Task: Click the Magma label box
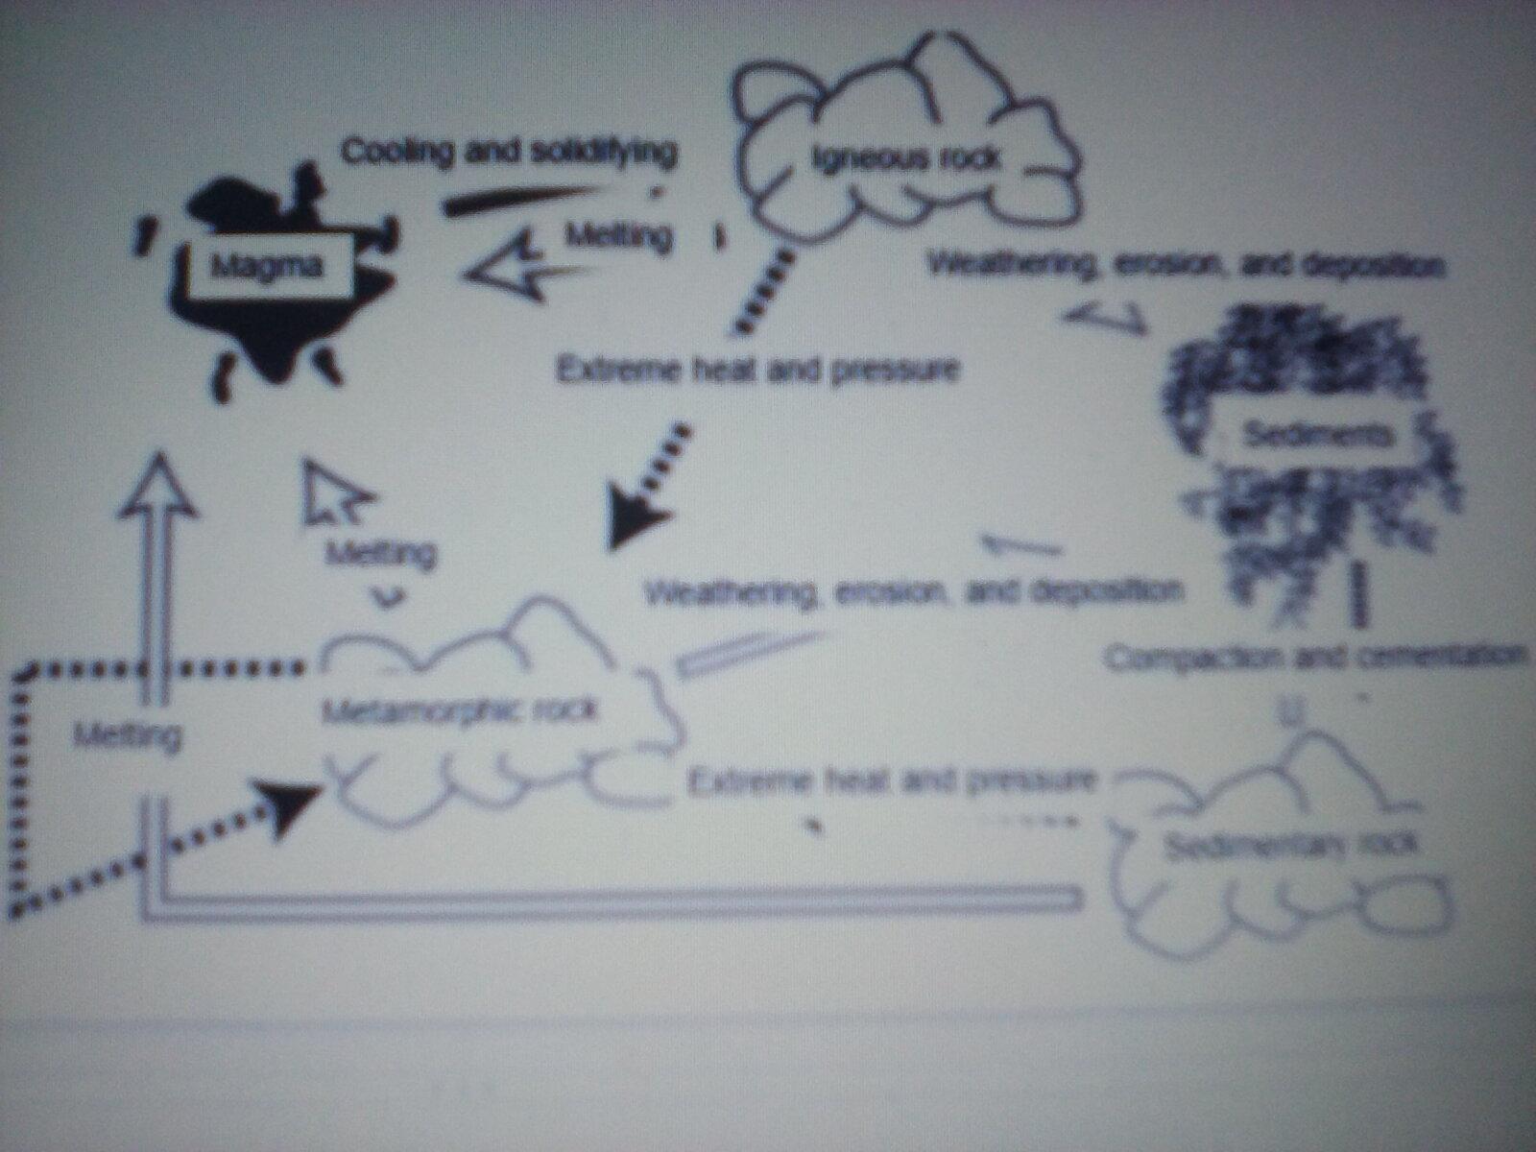point(266,266)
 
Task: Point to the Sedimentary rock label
point(1289,846)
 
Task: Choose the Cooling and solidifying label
point(509,152)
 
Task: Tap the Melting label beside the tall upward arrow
point(127,736)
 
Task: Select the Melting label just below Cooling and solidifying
point(618,235)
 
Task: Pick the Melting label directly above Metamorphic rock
point(381,553)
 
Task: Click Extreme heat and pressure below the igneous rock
point(757,369)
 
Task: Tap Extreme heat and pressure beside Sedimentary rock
point(891,781)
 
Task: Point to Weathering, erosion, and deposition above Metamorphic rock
point(911,590)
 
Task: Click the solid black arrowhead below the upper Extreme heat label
point(632,518)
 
